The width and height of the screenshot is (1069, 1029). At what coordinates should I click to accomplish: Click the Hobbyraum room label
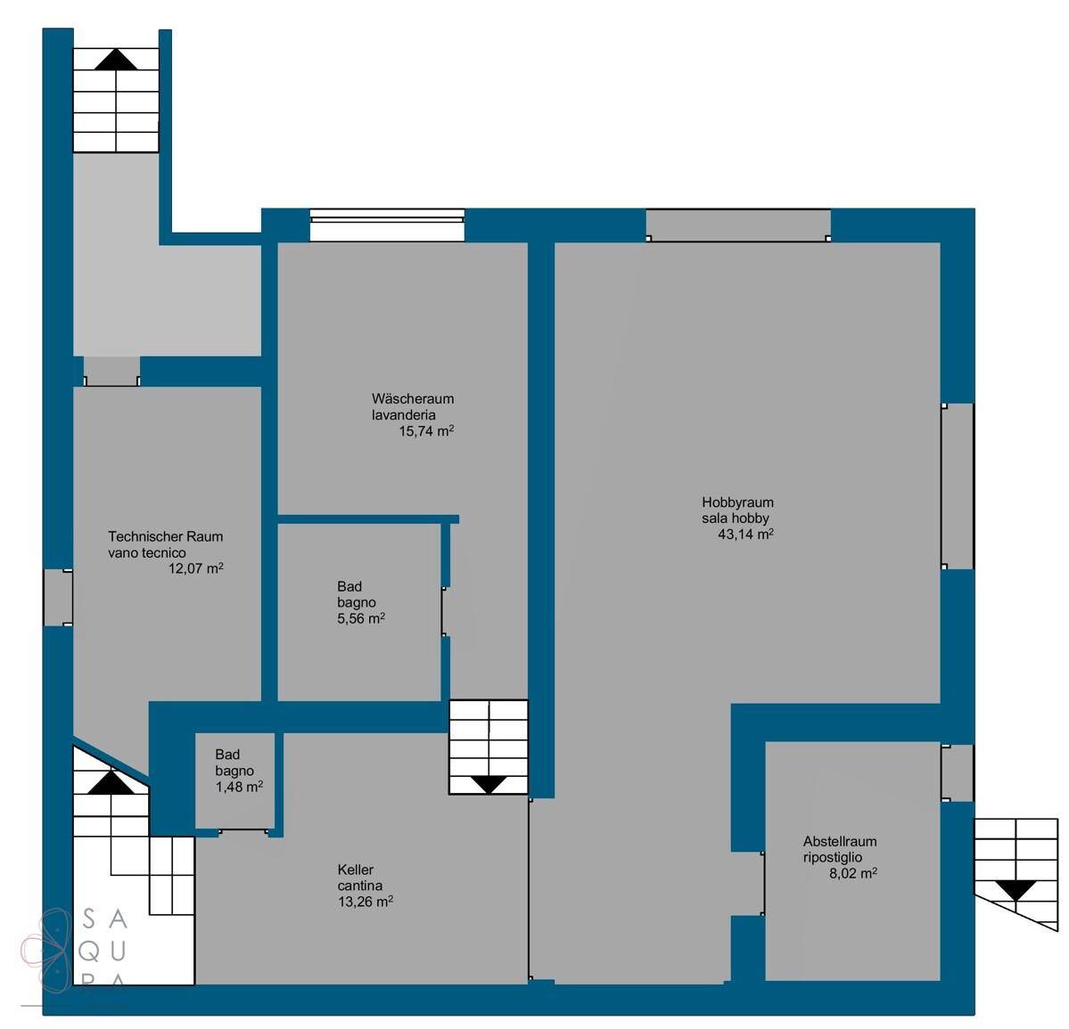(737, 502)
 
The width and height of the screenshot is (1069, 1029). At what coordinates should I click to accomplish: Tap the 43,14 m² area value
(745, 534)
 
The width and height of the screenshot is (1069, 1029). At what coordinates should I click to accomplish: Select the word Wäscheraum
(413, 398)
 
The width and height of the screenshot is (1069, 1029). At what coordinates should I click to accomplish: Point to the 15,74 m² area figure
(426, 430)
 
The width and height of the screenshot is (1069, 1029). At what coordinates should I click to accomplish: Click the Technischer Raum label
(165, 536)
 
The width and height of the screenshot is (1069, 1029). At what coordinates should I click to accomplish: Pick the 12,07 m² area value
(195, 568)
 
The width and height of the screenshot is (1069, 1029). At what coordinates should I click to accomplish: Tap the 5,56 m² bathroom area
(361, 618)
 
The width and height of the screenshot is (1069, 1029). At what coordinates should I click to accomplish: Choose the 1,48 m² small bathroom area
(239, 787)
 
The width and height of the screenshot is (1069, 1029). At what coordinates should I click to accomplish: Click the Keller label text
(355, 870)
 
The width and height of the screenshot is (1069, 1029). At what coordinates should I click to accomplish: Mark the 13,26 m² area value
(366, 902)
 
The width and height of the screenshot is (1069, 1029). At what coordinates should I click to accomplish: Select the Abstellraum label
(840, 841)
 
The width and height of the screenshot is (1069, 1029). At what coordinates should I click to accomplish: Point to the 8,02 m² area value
(853, 873)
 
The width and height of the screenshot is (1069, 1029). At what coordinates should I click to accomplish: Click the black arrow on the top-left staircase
(116, 60)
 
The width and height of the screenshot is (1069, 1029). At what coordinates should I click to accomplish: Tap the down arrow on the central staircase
(489, 785)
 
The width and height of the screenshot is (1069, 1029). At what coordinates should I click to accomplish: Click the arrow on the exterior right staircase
(1016, 890)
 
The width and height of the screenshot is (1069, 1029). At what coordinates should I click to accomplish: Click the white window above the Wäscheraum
(387, 225)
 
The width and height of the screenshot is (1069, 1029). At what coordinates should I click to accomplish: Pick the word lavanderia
(404, 414)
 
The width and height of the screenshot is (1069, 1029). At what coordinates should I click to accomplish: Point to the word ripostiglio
(833, 857)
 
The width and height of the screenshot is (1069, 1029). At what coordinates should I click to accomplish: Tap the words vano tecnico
(146, 552)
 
